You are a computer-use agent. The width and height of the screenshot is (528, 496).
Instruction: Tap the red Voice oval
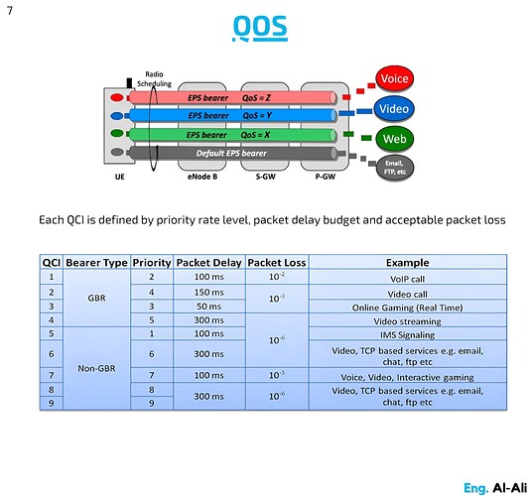click(x=395, y=78)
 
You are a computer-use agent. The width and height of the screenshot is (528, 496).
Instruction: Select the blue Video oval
click(x=395, y=108)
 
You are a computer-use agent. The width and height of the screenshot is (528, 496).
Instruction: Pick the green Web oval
click(x=395, y=138)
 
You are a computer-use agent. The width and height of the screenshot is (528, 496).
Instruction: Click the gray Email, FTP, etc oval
click(x=395, y=167)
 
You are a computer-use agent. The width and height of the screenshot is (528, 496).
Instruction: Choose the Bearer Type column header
click(x=96, y=263)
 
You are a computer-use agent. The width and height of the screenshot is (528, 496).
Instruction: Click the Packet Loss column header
click(x=277, y=263)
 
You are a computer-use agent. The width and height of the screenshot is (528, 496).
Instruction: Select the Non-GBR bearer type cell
click(x=96, y=368)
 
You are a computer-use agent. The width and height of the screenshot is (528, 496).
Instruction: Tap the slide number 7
click(x=10, y=11)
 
